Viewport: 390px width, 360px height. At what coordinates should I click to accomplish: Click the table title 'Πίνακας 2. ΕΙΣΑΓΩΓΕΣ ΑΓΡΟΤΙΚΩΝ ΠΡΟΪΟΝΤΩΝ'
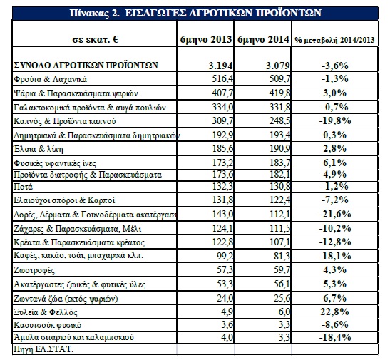[x=195, y=13]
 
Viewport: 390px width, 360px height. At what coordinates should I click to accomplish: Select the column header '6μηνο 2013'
[x=206, y=39]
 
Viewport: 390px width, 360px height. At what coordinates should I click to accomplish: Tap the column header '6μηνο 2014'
[x=263, y=39]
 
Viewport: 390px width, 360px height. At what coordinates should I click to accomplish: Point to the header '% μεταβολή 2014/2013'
[x=335, y=40]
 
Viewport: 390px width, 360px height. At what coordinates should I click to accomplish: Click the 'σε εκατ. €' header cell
[x=96, y=39]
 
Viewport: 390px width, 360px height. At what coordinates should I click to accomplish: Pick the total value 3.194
[x=220, y=66]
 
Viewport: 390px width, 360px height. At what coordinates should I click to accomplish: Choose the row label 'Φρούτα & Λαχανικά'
[x=50, y=79]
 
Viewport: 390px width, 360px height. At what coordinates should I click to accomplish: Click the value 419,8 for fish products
[x=279, y=93]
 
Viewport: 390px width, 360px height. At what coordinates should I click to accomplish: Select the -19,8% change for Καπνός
[x=335, y=120]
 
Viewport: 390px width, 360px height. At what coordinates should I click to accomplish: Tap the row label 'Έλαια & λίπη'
[x=39, y=149]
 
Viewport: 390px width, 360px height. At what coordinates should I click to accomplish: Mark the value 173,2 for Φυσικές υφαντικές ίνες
[x=222, y=163]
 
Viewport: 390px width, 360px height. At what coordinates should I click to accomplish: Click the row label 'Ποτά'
[x=23, y=187]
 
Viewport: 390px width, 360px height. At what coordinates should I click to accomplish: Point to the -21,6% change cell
[x=335, y=214]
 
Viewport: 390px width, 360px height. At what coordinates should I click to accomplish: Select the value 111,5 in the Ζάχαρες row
[x=279, y=229]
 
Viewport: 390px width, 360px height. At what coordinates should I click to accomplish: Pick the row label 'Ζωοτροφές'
[x=34, y=270]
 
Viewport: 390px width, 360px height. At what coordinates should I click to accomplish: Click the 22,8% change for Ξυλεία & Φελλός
[x=335, y=312]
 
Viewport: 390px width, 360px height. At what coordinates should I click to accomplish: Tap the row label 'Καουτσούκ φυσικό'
[x=48, y=325]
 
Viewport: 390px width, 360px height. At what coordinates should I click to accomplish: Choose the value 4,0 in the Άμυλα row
[x=227, y=337]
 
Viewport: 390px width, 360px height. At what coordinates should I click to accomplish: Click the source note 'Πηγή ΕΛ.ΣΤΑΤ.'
[x=43, y=349]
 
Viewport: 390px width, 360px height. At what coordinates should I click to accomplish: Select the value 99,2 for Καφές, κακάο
[x=225, y=256]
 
